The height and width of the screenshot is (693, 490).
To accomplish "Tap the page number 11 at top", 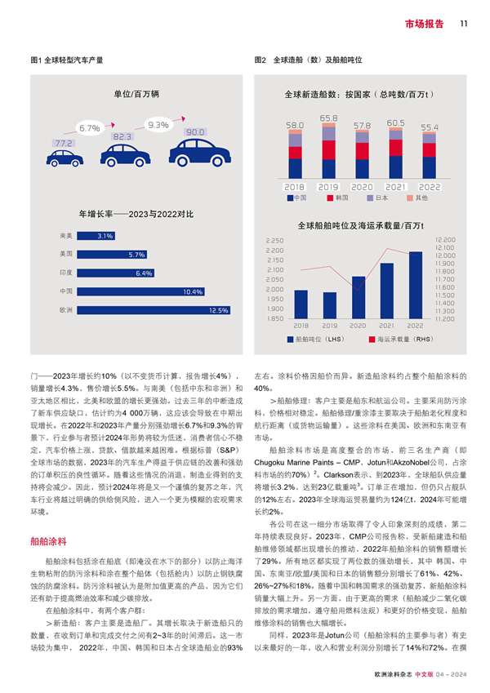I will coord(463,23).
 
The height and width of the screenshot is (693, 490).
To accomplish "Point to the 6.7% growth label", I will coord(90,128).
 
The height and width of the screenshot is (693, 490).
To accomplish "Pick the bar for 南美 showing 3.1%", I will coord(96,236).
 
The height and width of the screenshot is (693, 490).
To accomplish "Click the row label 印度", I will coord(66,273).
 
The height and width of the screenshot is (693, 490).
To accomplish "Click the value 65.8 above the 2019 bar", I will coord(328,118).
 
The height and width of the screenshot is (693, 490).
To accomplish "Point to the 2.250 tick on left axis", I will coord(274,241).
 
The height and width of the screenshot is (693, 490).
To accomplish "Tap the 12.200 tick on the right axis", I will coord(445,240).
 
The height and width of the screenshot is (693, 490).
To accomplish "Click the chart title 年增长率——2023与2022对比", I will coord(136,214).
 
